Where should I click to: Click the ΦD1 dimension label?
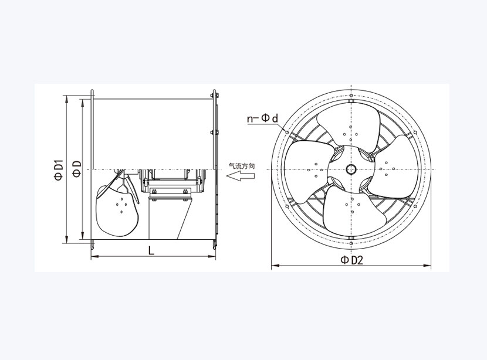[59, 171]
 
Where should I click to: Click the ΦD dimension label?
[77, 169]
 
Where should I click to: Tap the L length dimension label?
[151, 250]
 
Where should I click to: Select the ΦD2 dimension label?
[351, 260]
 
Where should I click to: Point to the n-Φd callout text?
[263, 118]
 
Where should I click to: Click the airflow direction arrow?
[241, 176]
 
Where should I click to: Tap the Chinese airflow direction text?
[242, 166]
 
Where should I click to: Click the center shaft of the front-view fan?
[351, 169]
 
